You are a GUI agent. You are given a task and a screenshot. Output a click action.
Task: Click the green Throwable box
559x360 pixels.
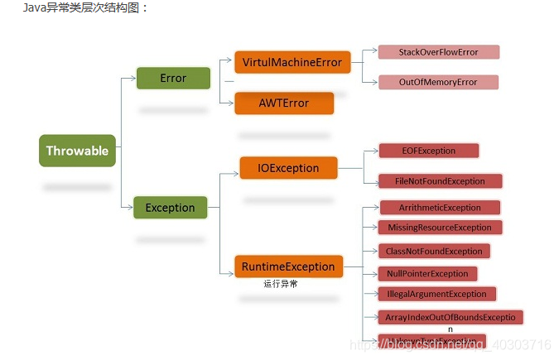click(x=77, y=151)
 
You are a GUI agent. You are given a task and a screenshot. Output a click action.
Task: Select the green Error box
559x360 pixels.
click(x=173, y=79)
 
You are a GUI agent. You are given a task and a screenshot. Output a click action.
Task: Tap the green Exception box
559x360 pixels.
click(x=170, y=208)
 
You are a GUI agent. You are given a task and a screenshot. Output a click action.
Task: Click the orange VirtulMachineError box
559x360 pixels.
click(x=292, y=62)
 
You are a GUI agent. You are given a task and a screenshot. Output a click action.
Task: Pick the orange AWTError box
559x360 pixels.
click(x=284, y=103)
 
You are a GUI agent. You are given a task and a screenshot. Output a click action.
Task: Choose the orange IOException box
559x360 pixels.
click(x=288, y=168)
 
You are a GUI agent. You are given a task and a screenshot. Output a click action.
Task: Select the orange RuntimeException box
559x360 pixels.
click(x=288, y=266)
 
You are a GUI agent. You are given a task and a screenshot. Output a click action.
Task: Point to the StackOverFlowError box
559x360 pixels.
click(x=438, y=52)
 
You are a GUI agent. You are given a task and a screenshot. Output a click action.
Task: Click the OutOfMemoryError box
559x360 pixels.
click(x=437, y=82)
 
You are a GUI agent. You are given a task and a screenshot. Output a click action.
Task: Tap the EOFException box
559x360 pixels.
click(x=428, y=151)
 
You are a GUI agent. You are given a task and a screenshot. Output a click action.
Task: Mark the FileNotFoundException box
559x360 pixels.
click(x=440, y=180)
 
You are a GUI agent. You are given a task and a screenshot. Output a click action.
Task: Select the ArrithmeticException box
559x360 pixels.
click(x=439, y=208)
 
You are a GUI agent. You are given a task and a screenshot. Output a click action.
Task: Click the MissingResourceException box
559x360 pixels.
click(x=439, y=227)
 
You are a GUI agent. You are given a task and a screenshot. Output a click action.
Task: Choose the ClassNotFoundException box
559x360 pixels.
click(x=434, y=251)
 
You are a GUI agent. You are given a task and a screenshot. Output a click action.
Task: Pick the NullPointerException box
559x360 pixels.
click(x=427, y=273)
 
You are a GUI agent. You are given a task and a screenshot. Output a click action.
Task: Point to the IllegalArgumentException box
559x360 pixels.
click(x=436, y=294)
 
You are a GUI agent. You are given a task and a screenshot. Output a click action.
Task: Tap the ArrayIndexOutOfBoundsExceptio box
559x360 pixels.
click(x=450, y=317)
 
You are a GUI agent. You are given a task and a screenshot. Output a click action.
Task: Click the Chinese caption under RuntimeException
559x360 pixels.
click(x=281, y=284)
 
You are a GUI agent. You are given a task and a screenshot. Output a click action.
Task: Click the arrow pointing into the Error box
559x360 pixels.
click(x=130, y=79)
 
